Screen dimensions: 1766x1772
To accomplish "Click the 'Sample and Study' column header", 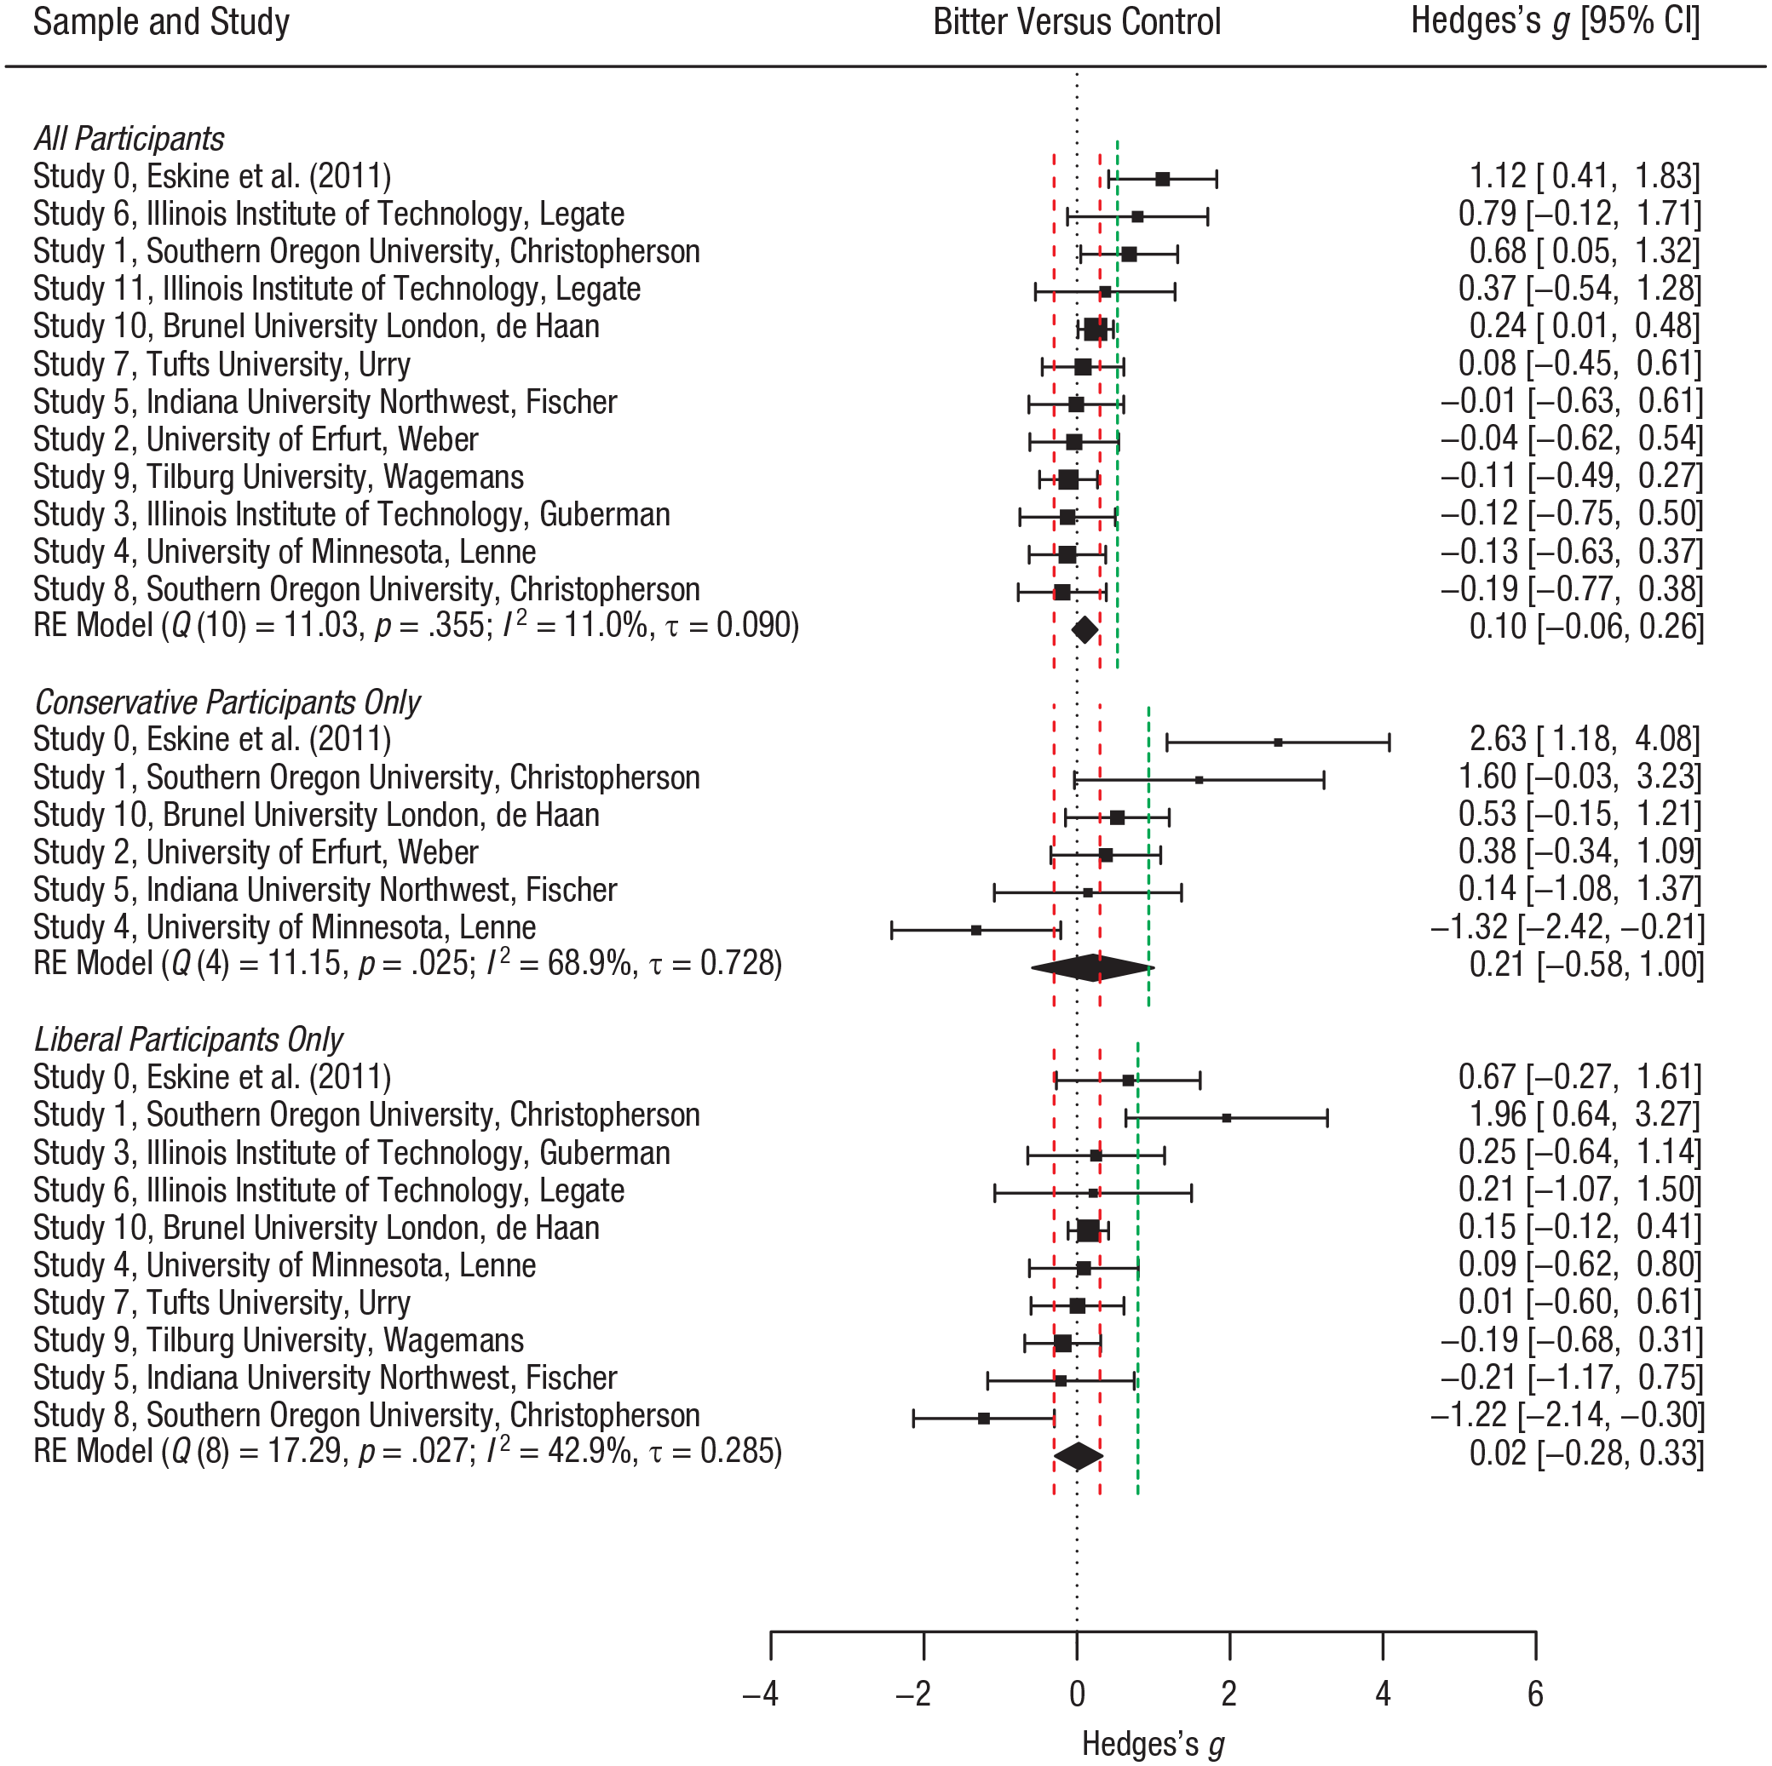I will coord(160,22).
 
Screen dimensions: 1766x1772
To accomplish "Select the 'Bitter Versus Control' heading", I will coord(1076,22).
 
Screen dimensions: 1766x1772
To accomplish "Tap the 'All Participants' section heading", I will coord(129,140).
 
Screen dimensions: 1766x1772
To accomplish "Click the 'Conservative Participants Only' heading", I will coord(227,702).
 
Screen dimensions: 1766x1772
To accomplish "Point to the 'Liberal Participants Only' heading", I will coord(188,1040).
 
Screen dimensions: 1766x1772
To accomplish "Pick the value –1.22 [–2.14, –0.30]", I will coord(1567,1416).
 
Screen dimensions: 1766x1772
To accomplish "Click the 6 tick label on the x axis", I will coord(1535,1694).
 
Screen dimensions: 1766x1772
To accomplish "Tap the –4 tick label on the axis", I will coord(761,1694).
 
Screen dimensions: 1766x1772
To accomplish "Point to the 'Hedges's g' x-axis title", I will coord(1153,1744).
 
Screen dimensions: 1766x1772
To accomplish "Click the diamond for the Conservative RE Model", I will coord(1092,967).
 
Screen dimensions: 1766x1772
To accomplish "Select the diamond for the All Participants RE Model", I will coord(1084,630).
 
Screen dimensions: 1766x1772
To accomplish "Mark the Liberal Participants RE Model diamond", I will coord(1079,1456).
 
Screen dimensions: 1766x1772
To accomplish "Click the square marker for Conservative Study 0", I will coord(1279,742).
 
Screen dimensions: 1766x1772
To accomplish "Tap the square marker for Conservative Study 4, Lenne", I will coord(976,930).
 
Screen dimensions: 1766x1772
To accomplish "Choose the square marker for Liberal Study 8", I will coord(983,1419).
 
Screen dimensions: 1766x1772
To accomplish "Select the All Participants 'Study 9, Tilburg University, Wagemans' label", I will coord(278,478).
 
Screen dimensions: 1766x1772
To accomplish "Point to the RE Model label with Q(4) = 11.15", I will coord(407,965).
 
